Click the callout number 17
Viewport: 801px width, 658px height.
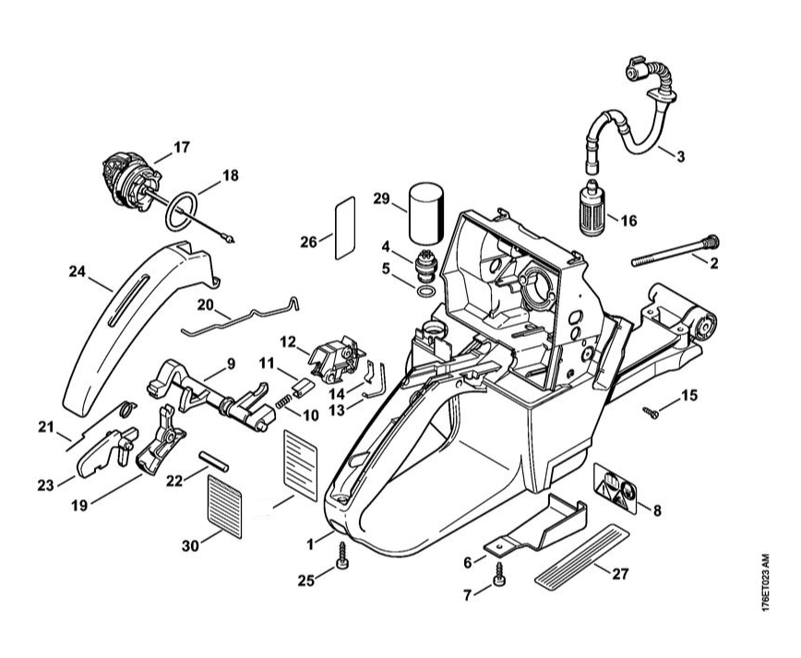181,146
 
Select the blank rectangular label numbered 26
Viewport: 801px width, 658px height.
343,226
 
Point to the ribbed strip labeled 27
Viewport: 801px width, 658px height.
583,556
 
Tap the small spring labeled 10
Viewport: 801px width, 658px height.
287,398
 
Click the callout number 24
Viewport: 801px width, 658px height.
78,271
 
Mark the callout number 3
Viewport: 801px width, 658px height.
680,156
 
